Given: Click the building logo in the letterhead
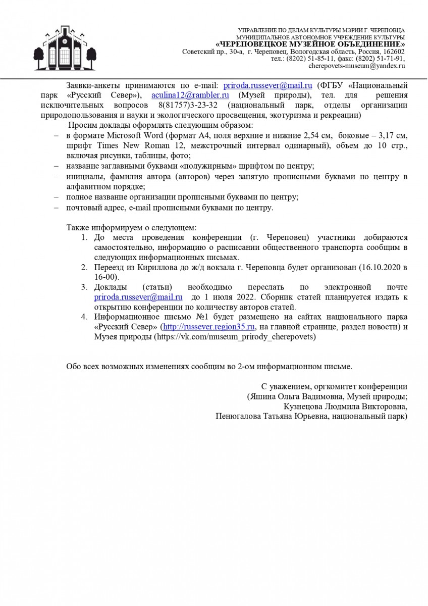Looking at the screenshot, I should (64, 49).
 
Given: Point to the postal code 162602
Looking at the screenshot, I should (392, 52).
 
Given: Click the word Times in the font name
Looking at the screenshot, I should (99, 145).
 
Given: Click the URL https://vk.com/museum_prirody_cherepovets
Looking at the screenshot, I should (235, 337).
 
